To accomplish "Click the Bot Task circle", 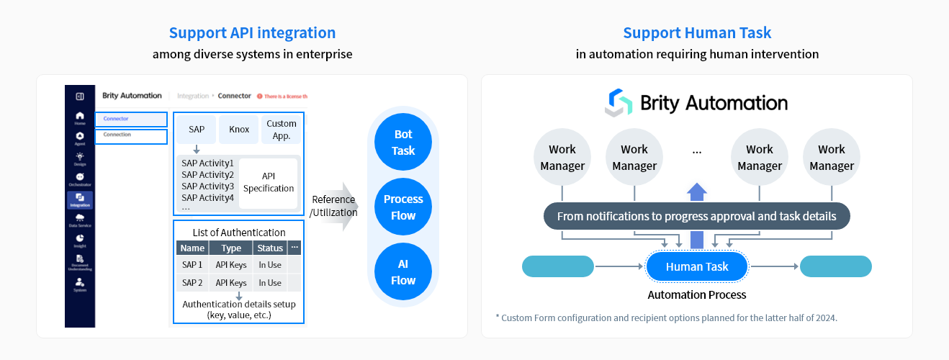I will pos(403,142).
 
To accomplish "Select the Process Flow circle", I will pos(403,207).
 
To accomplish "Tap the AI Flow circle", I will pos(403,272).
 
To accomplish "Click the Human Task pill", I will pos(697,266).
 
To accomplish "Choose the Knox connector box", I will pos(239,130).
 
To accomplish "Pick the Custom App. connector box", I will pos(281,130).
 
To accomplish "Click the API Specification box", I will pos(268,182).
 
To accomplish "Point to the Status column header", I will pos(270,248).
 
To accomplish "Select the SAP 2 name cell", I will pos(192,283).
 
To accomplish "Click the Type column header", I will pos(231,248).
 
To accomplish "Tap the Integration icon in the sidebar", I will pos(80,199).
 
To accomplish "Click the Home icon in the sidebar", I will pos(80,118).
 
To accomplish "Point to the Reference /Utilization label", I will pos(333,206).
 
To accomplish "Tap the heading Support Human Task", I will pos(696,33).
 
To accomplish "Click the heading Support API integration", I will pos(252,33).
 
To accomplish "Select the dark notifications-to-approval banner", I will pos(696,216).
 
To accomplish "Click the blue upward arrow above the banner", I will pos(696,192).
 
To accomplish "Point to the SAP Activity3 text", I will pos(207,186).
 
